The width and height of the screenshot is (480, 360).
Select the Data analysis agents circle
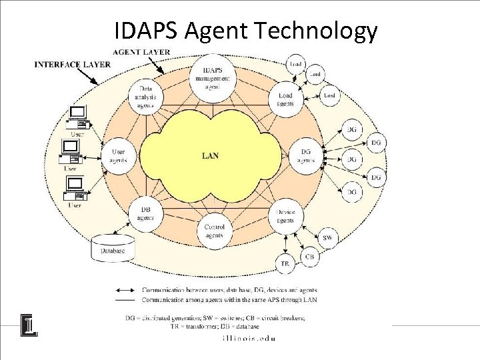pos(146,97)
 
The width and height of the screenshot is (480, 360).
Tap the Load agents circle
pos(285,99)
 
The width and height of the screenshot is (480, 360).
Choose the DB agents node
pos(145,213)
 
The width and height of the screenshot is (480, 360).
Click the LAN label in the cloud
pos(211,156)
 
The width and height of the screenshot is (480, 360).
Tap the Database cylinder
pos(113,248)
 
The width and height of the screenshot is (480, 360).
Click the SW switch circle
pos(327,238)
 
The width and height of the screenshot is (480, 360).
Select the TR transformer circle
pos(285,264)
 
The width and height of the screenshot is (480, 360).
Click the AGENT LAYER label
pos(141,52)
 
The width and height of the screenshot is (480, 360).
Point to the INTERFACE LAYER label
pos(72,65)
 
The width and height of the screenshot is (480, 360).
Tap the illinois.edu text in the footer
pos(248,338)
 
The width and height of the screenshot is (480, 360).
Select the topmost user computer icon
pos(77,116)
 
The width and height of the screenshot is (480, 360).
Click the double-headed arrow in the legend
pos(127,290)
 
